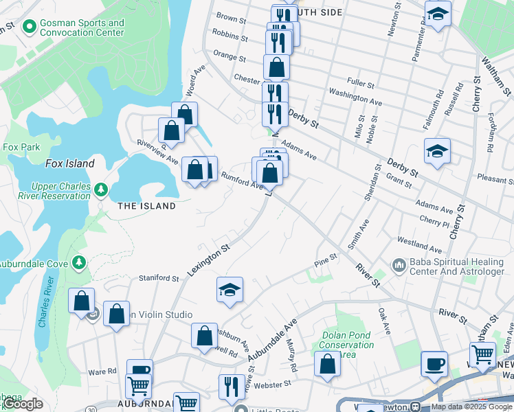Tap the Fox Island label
click(69, 163)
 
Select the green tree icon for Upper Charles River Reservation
click(101, 189)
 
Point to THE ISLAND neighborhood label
click(146, 206)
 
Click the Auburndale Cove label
click(34, 262)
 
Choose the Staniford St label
click(159, 278)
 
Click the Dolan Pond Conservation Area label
click(346, 345)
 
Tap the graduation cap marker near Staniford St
click(230, 290)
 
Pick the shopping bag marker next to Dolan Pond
click(327, 364)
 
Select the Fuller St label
click(361, 84)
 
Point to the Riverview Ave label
click(157, 151)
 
